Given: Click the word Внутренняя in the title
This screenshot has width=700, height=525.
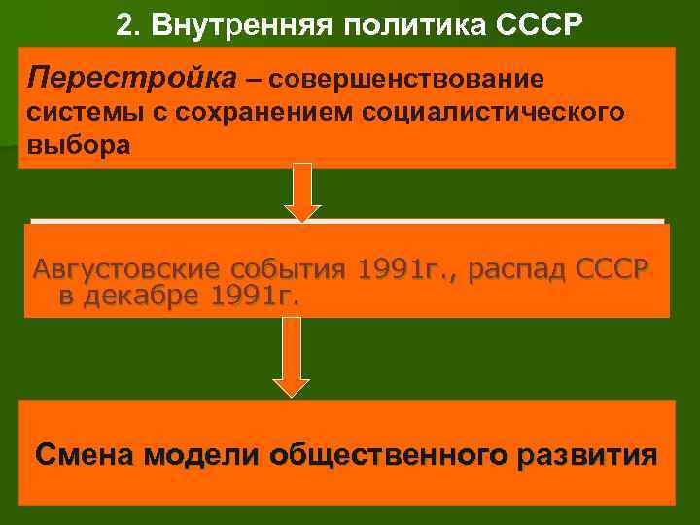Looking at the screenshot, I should pyautogui.click(x=257, y=22).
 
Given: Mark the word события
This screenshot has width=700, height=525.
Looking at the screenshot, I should pyautogui.click(x=291, y=269).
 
